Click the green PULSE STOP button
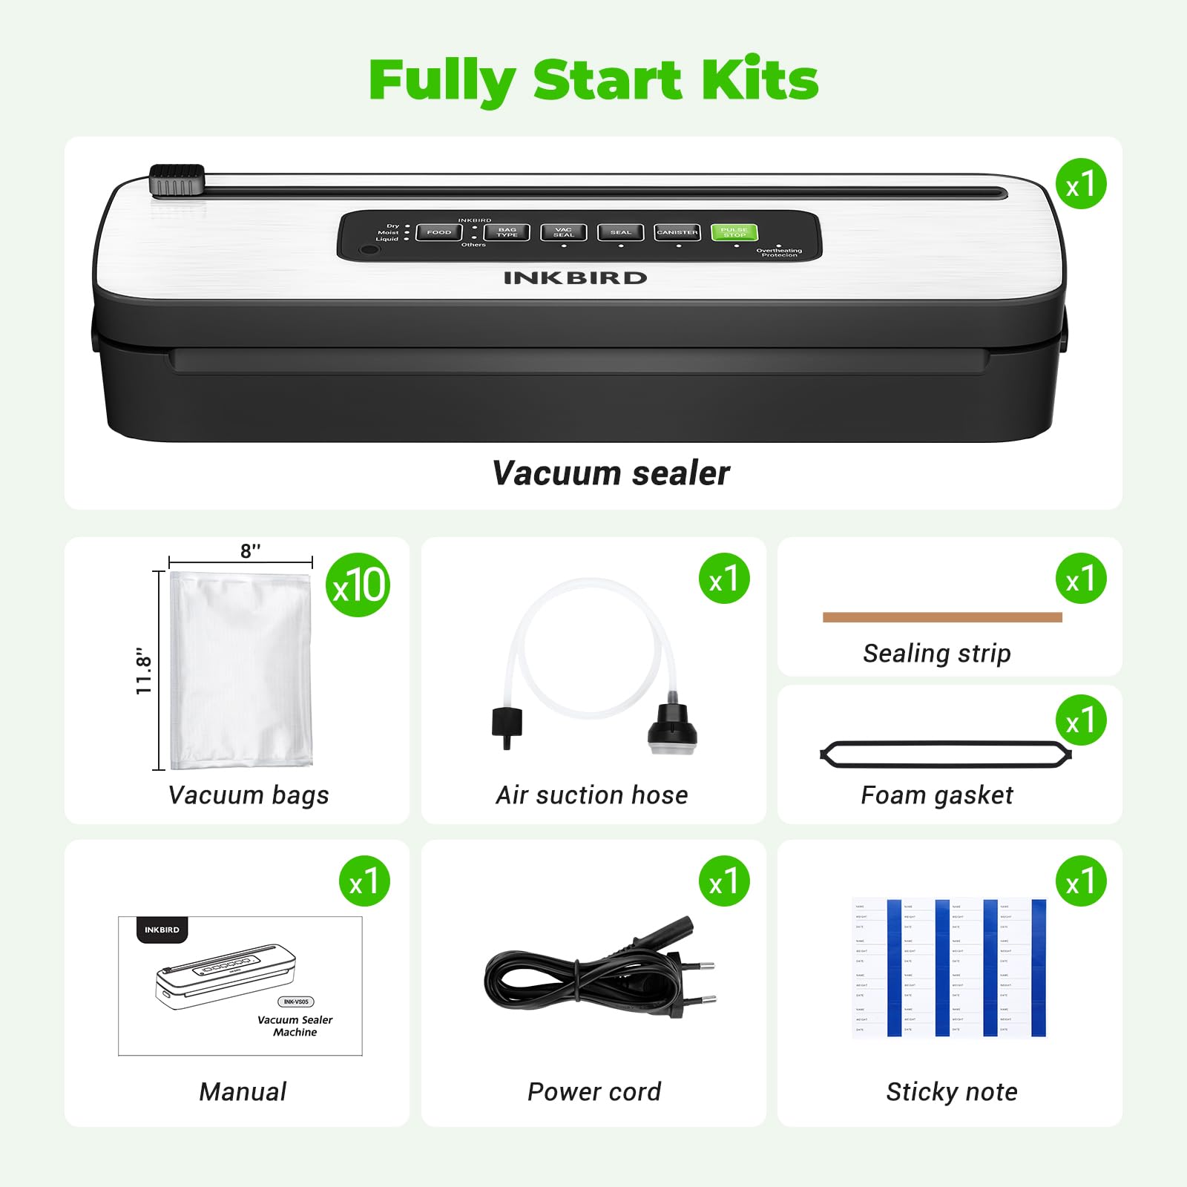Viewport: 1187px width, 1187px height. point(734,232)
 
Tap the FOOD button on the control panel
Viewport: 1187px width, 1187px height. point(438,232)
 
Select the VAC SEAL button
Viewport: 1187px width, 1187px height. point(563,232)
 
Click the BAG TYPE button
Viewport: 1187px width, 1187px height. point(507,232)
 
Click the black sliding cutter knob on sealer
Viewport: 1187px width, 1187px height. point(177,180)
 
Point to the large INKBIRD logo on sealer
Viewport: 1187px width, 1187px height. point(575,278)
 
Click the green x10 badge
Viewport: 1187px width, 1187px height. point(358,585)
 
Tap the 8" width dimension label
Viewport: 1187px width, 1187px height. point(250,551)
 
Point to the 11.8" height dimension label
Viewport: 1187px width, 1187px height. point(144,671)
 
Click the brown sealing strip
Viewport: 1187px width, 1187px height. point(942,617)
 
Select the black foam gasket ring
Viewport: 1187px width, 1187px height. point(945,754)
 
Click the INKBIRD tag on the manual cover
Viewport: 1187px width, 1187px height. point(162,930)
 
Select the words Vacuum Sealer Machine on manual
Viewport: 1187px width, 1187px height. point(295,1026)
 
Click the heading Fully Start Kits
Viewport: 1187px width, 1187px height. point(593,80)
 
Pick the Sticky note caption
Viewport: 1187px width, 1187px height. point(951,1091)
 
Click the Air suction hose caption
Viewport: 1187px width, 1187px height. point(592,795)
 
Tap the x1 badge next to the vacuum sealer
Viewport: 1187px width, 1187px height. point(1081,184)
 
